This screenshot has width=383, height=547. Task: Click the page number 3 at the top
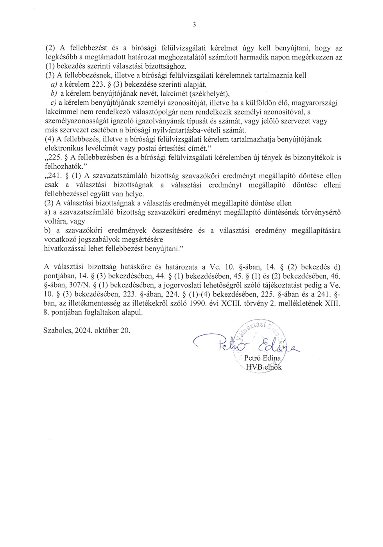coord(194,25)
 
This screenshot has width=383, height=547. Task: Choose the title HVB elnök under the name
coord(263,367)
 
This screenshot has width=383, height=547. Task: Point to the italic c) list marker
coord(54,103)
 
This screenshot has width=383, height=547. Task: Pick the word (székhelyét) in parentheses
coord(209,94)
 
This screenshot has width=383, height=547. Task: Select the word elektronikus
coord(65,148)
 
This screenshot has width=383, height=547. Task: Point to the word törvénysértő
coord(321,213)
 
